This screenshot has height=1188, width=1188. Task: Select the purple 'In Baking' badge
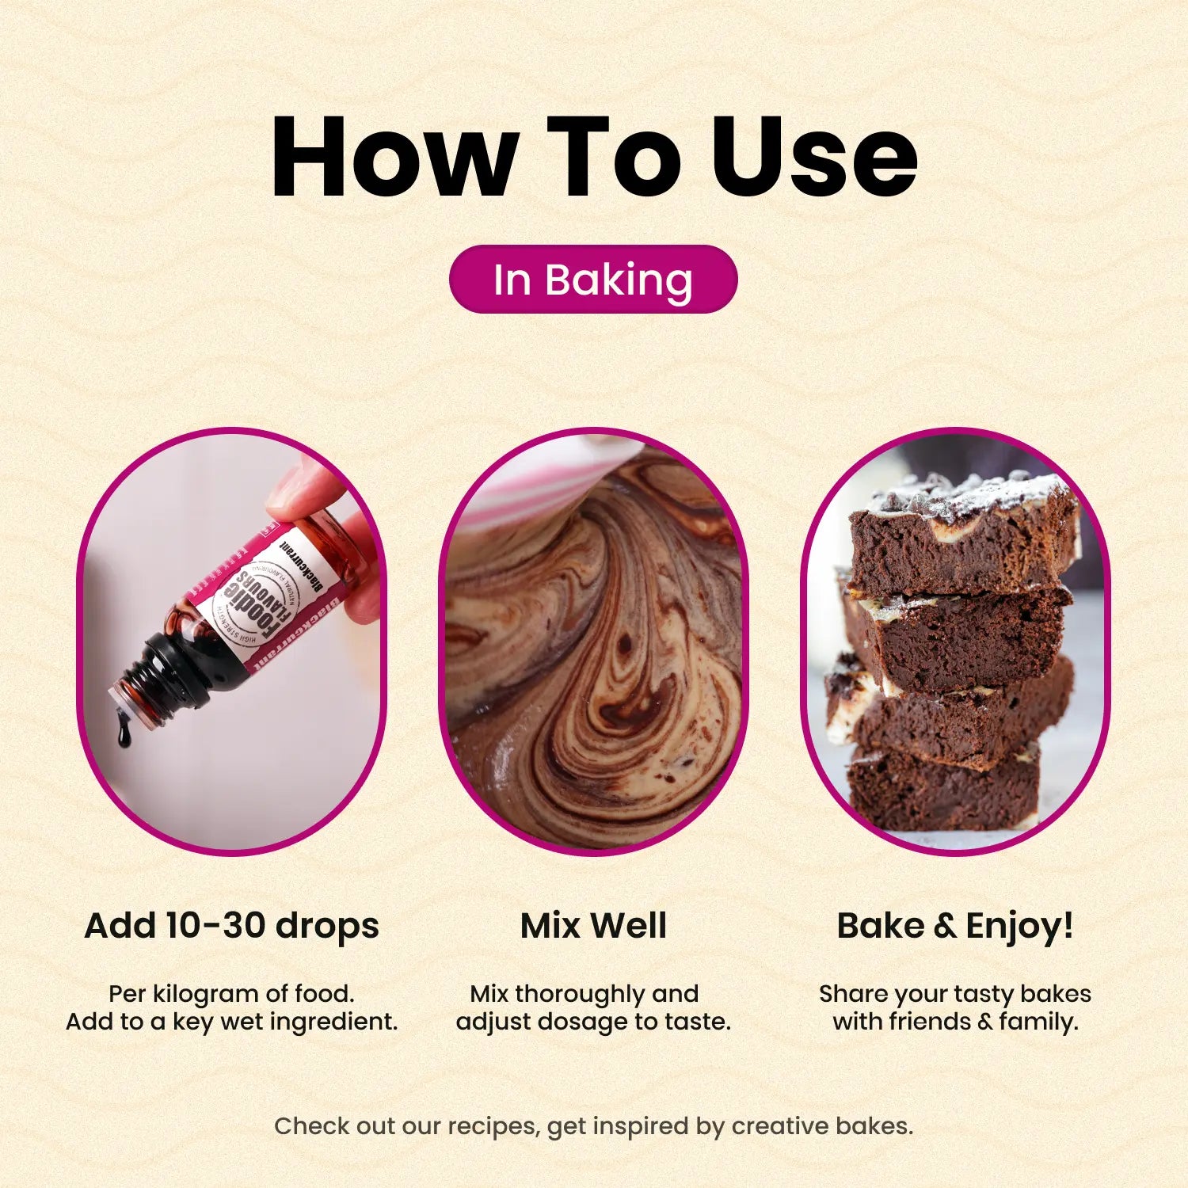pyautogui.click(x=593, y=280)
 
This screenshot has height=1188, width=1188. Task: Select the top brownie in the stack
pyautogui.click(x=962, y=531)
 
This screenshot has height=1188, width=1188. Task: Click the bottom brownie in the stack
pyautogui.click(x=942, y=788)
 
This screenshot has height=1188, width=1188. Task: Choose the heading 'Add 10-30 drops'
pyautogui.click(x=231, y=925)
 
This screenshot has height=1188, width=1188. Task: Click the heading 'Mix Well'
pyautogui.click(x=593, y=925)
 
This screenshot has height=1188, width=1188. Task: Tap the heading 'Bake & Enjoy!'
pyautogui.click(x=955, y=925)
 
